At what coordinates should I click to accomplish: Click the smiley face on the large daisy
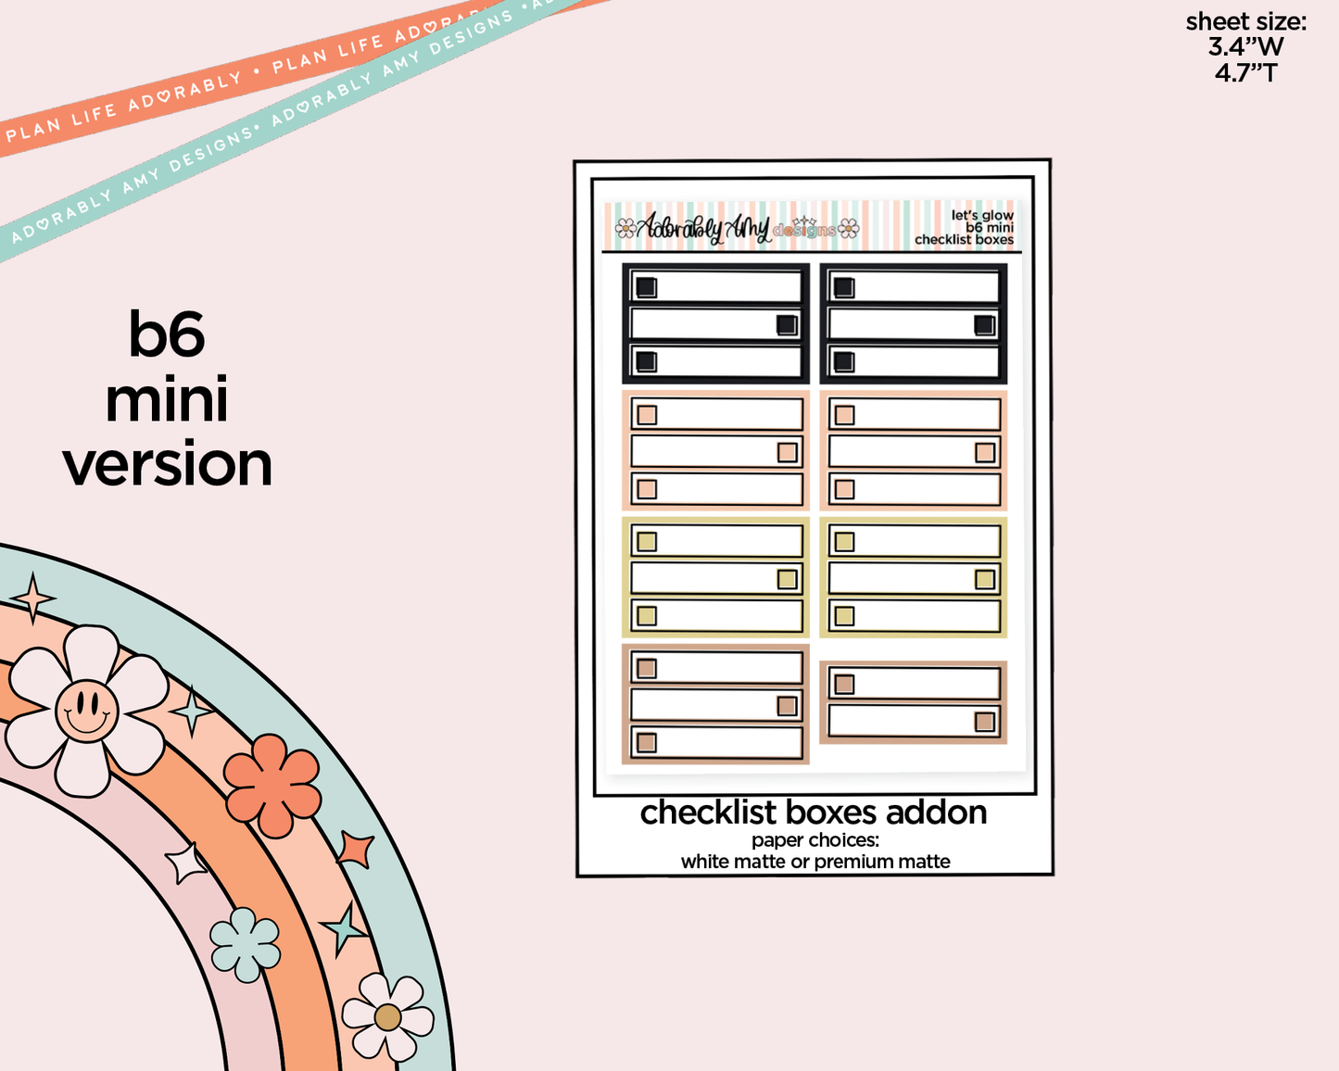click(x=86, y=711)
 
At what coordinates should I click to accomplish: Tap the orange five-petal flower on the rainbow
click(x=272, y=785)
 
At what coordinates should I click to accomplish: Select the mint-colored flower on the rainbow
click(x=245, y=944)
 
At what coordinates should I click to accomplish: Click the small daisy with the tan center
click(x=387, y=1016)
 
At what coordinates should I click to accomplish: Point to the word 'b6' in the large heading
click(x=167, y=334)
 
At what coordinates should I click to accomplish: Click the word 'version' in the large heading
click(x=168, y=464)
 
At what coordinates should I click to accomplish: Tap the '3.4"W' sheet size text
click(x=1245, y=46)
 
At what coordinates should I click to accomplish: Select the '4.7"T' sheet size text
click(x=1245, y=72)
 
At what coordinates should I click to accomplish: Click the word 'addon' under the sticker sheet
click(x=936, y=813)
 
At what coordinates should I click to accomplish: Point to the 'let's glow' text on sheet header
click(x=982, y=215)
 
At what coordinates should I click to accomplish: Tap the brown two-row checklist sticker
click(x=913, y=702)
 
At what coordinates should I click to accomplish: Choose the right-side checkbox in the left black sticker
click(x=787, y=324)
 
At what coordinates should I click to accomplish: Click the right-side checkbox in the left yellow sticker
click(x=787, y=579)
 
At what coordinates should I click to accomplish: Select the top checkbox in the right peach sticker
click(x=844, y=415)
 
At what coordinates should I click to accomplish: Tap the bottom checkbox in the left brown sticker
click(x=647, y=742)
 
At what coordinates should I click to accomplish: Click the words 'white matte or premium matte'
click(x=815, y=862)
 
